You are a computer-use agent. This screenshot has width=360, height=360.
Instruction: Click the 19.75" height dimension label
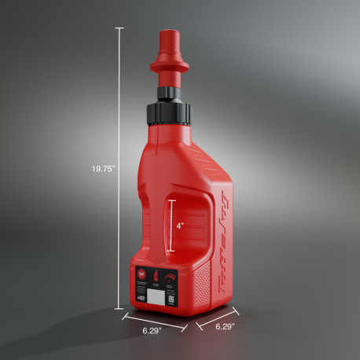point(102,167)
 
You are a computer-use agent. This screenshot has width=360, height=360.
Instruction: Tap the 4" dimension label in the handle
point(180,226)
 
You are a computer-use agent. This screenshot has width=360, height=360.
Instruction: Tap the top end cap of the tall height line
point(119,28)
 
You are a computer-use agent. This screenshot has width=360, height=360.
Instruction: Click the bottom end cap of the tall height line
point(119,309)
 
